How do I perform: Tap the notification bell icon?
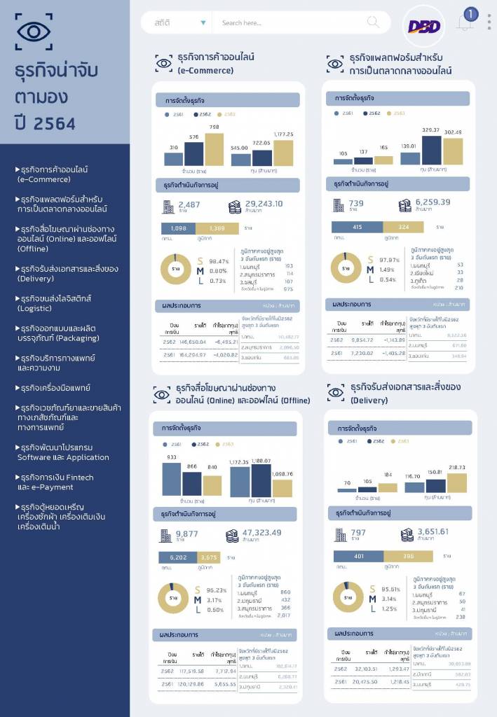point(464,22)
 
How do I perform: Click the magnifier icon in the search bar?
point(373,22)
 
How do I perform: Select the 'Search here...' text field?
point(287,23)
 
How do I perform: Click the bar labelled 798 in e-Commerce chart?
point(214,148)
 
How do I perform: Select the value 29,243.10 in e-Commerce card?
point(264,204)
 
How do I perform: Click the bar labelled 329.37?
point(431,150)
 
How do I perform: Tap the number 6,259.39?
point(433,202)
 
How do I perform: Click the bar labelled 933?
point(172,480)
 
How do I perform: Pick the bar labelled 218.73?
point(456,482)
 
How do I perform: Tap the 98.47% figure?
point(219,260)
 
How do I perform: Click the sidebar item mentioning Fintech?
point(55,482)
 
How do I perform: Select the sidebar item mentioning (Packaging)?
point(58,333)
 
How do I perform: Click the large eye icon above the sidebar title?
point(34,32)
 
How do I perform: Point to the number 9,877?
point(187,533)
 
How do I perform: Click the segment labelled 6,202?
point(178,557)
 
